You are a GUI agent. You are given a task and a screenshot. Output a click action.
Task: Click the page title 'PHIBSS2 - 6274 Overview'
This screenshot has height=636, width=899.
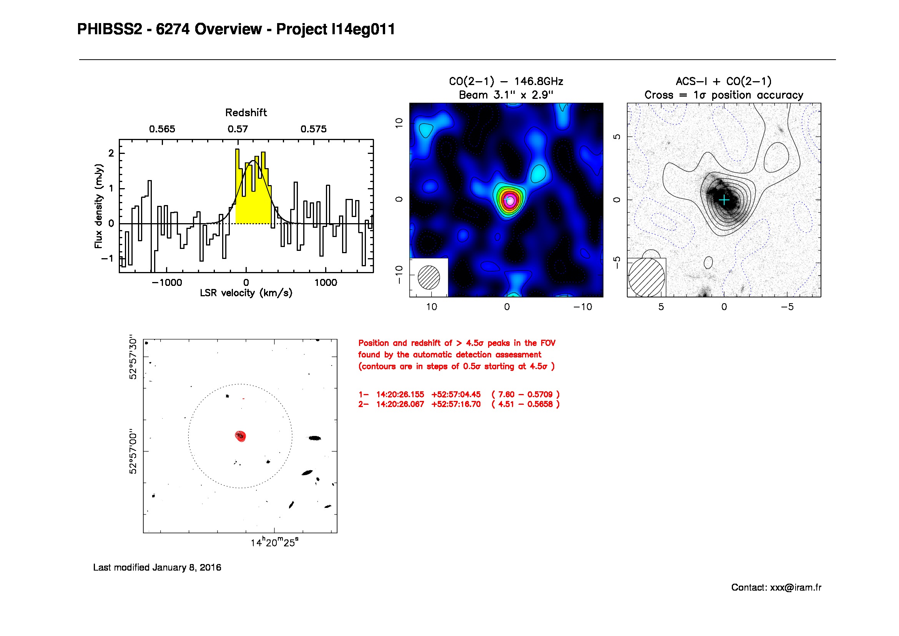tap(169, 29)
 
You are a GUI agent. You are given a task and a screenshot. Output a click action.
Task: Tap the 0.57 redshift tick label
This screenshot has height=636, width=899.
tap(238, 129)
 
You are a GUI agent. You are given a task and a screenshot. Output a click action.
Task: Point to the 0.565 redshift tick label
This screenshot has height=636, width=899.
tap(162, 129)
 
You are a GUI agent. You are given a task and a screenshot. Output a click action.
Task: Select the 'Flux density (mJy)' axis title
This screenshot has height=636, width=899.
tap(98, 206)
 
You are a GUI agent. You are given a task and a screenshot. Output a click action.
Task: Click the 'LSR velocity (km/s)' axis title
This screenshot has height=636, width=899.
tap(246, 293)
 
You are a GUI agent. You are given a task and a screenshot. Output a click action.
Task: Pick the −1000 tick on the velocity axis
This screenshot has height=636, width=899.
tap(167, 282)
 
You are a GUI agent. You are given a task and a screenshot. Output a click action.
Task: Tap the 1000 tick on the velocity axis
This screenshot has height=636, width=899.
tap(326, 282)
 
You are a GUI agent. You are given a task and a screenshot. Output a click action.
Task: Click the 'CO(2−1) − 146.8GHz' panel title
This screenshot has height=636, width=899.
tap(506, 82)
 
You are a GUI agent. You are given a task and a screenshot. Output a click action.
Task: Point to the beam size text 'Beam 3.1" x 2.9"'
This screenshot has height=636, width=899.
tap(506, 95)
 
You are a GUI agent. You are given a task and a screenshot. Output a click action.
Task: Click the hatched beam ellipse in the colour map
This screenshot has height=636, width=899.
tap(429, 277)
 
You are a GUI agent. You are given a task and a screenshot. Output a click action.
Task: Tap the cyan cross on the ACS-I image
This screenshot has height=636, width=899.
tap(725, 200)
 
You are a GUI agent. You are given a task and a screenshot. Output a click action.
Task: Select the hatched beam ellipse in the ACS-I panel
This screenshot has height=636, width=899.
tap(646, 277)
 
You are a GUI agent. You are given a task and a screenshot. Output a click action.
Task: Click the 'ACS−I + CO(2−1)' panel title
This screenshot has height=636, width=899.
tap(724, 82)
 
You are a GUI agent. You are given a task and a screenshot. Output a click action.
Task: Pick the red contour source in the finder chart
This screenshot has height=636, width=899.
tap(240, 436)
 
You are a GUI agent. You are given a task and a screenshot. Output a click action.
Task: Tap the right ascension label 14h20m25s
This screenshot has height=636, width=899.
tap(274, 543)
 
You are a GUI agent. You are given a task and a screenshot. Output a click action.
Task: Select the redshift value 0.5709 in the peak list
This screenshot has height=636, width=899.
tap(540, 394)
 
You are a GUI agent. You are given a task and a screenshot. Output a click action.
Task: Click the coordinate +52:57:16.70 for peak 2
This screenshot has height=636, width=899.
tap(456, 404)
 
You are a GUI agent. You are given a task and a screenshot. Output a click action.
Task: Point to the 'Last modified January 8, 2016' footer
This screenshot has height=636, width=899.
tap(157, 568)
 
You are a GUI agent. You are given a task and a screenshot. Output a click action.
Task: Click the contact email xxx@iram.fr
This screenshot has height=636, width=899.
tap(795, 588)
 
